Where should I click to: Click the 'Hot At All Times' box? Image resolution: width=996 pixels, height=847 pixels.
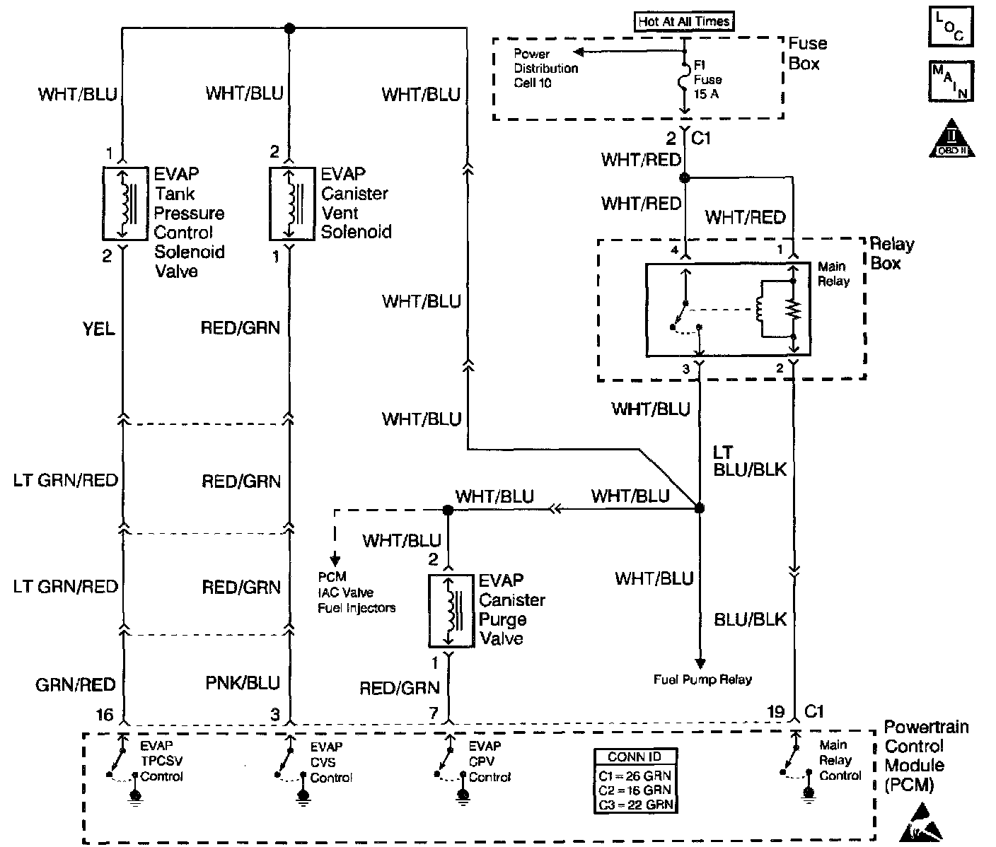pyautogui.click(x=683, y=22)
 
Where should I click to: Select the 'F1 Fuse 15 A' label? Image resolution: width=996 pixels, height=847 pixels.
pyautogui.click(x=707, y=78)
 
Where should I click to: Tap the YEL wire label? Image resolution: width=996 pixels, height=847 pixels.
pyautogui.click(x=99, y=329)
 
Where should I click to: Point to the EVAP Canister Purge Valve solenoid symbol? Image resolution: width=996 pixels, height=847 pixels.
pyautogui.click(x=449, y=611)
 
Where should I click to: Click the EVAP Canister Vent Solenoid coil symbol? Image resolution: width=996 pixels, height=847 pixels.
pyautogui.click(x=291, y=204)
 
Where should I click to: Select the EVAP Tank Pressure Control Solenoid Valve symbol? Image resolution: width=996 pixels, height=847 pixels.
pyautogui.click(x=124, y=204)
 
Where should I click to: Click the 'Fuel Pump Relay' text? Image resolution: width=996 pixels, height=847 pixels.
pyautogui.click(x=702, y=679)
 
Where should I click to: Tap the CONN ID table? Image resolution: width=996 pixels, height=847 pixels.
pyautogui.click(x=634, y=780)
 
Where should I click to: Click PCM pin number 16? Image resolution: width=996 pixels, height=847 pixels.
pyautogui.click(x=105, y=715)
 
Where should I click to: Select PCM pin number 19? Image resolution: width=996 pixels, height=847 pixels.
pyautogui.click(x=776, y=712)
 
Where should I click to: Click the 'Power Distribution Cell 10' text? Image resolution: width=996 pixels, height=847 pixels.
pyautogui.click(x=545, y=69)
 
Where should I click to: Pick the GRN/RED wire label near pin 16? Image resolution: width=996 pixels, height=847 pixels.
pyautogui.click(x=75, y=684)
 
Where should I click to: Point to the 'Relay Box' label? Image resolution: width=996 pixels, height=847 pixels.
pyautogui.click(x=891, y=254)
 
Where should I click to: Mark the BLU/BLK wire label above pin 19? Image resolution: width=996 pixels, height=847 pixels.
pyautogui.click(x=750, y=619)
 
